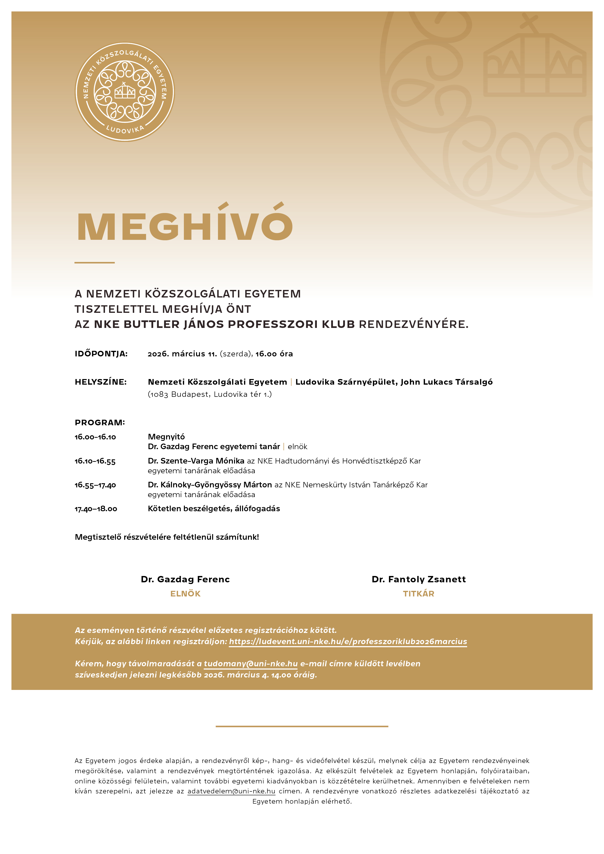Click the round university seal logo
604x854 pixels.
click(125, 92)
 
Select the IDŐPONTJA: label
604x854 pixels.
click(101, 354)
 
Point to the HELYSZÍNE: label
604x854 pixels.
click(101, 382)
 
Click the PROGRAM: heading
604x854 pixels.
click(100, 423)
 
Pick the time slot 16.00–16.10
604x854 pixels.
click(95, 437)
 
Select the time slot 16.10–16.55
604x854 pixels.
click(95, 461)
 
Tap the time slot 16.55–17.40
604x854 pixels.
click(95, 485)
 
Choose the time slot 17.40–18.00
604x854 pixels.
click(96, 509)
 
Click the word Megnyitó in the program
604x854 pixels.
click(166, 437)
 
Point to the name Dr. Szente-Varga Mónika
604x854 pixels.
click(196, 461)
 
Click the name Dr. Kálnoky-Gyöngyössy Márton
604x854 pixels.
click(210, 485)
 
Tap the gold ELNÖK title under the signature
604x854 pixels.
click(185, 594)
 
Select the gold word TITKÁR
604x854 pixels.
click(419, 594)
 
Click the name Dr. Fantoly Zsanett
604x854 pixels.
click(419, 579)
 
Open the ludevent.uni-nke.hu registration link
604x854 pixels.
click(348, 642)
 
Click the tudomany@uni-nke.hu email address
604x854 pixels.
click(251, 664)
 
